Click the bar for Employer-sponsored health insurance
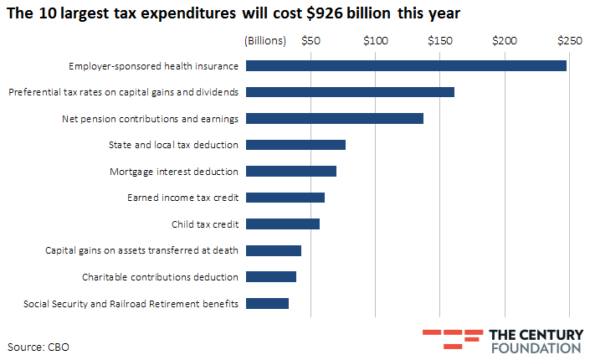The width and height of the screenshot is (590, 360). [407, 65]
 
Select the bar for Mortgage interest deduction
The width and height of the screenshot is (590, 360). [291, 171]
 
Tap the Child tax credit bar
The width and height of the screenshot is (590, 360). [283, 224]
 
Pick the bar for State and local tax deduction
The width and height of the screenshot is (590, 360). [296, 145]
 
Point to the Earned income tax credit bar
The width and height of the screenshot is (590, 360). [285, 198]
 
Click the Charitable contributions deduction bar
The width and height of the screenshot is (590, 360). [271, 276]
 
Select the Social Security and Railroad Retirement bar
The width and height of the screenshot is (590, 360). [268, 303]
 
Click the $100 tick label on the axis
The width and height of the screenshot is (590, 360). [376, 40]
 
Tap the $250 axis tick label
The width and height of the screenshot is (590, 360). [569, 40]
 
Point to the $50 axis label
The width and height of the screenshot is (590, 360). [311, 40]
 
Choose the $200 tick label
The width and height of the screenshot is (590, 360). [505, 40]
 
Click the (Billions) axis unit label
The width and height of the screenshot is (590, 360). [265, 40]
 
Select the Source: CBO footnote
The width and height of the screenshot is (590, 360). [38, 345]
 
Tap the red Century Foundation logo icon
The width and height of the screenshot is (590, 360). [442, 338]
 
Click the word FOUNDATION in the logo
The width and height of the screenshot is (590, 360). [536, 347]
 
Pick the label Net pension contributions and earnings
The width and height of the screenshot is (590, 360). [151, 118]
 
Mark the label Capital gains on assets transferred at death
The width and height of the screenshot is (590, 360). [141, 250]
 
